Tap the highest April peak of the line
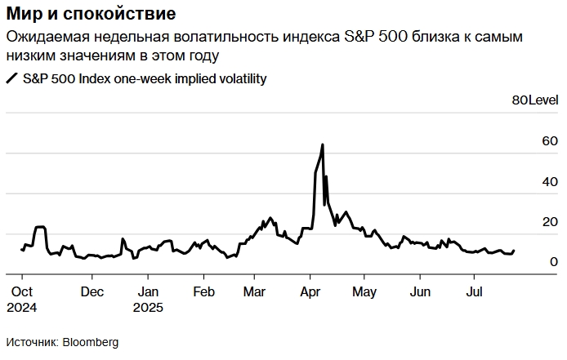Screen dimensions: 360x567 pyautogui.click(x=323, y=144)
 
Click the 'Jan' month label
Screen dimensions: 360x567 pyautogui.click(x=147, y=291)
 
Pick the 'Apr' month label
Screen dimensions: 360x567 pyautogui.click(x=310, y=291)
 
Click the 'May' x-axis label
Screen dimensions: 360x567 pyautogui.click(x=364, y=291)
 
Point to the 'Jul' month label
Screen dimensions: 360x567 pyautogui.click(x=474, y=291)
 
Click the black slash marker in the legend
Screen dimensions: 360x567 pyautogui.click(x=11, y=78)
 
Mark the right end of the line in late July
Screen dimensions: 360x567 pyautogui.click(x=514, y=251)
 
